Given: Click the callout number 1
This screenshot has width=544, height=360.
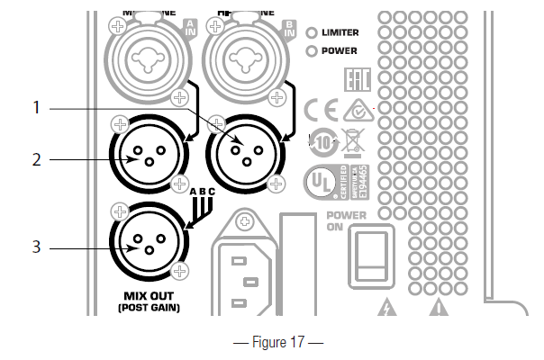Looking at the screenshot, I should pos(37,107).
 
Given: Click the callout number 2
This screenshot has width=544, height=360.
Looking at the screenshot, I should pos(37,159).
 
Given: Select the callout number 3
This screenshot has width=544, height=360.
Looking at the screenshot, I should pos(37,244).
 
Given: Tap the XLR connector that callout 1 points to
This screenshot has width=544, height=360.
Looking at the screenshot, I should pos(244,150).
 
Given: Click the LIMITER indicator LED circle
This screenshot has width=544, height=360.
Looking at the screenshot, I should pos(313,32).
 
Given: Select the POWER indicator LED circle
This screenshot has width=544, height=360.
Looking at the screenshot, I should pos(313,50).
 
